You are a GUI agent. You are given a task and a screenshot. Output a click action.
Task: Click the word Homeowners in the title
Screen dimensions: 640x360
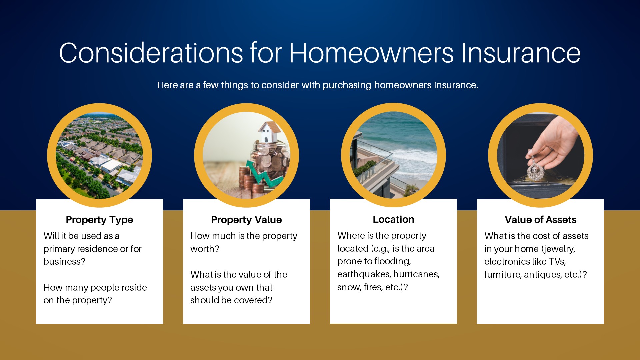tap(371, 53)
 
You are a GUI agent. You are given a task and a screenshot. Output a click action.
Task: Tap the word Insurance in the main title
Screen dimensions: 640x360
tap(521, 53)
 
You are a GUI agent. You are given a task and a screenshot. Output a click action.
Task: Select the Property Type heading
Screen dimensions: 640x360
tap(99, 220)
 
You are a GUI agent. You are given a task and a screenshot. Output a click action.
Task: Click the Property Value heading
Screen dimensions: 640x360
tap(246, 220)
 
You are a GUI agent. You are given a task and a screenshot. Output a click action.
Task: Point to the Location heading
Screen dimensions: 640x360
tap(393, 219)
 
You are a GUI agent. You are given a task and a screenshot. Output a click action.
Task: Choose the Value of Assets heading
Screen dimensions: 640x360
tap(540, 220)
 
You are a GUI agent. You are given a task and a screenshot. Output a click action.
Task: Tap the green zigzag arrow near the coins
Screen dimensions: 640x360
tap(265, 173)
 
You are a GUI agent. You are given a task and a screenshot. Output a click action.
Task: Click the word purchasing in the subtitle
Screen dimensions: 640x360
tap(347, 85)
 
